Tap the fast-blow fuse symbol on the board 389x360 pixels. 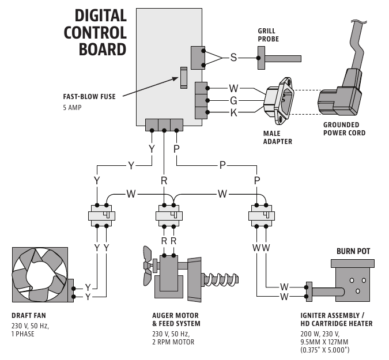click(184, 77)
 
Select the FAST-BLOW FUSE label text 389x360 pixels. click(89, 97)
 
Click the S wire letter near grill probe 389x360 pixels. click(233, 57)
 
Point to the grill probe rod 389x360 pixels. click(280, 58)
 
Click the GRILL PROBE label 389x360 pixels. click(267, 35)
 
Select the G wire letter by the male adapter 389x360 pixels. click(233, 101)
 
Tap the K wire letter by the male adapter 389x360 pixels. click(233, 113)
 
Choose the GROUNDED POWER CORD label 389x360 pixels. click(344, 129)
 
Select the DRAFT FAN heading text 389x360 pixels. click(29, 316)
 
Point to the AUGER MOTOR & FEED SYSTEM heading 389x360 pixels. click(176, 320)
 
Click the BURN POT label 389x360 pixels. click(353, 252)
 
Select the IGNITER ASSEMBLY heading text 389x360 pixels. click(333, 320)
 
